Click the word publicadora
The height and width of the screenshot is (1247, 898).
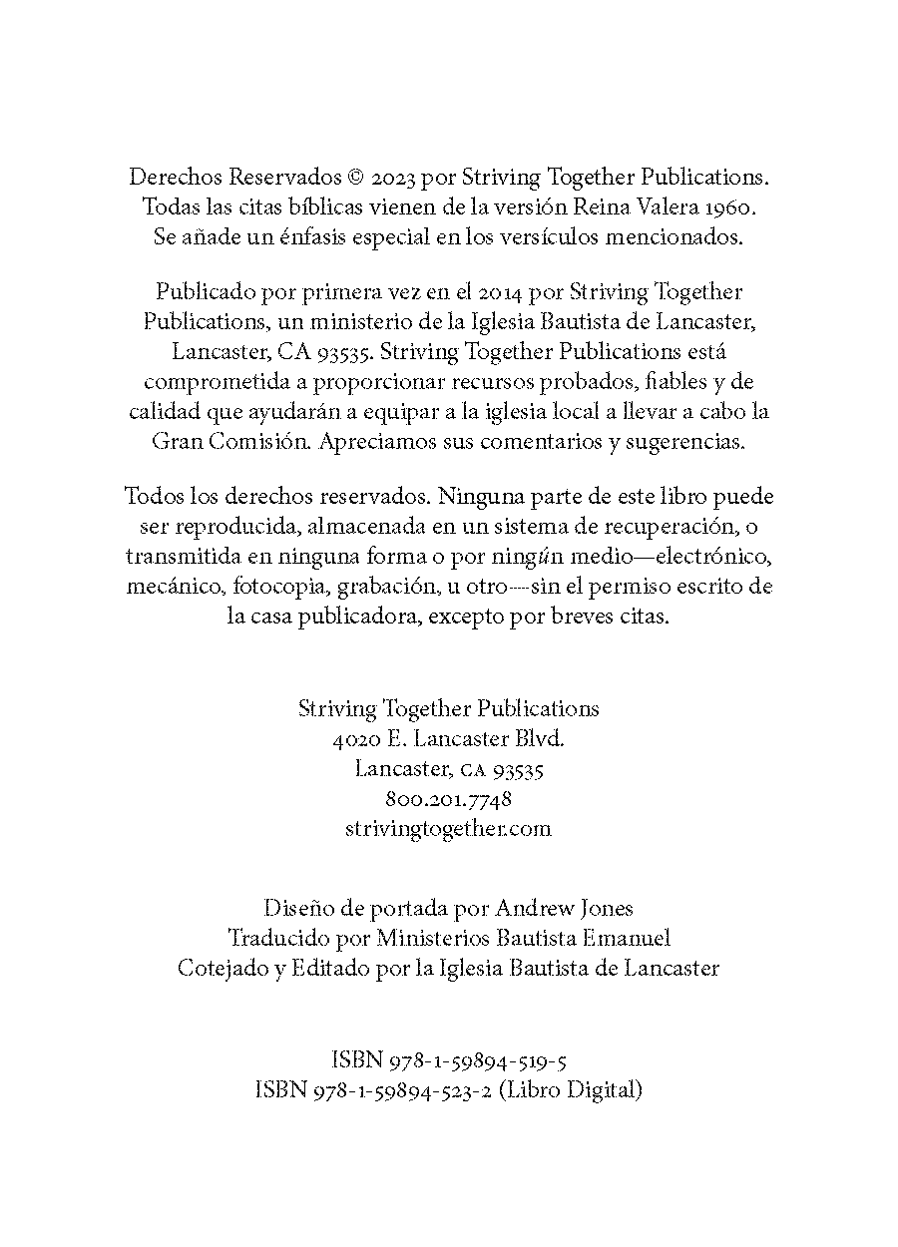(353, 616)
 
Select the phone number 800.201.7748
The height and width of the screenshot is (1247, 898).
(448, 799)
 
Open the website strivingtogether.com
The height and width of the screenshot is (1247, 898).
(448, 828)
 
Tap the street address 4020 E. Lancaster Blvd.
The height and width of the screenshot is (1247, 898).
(448, 739)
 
